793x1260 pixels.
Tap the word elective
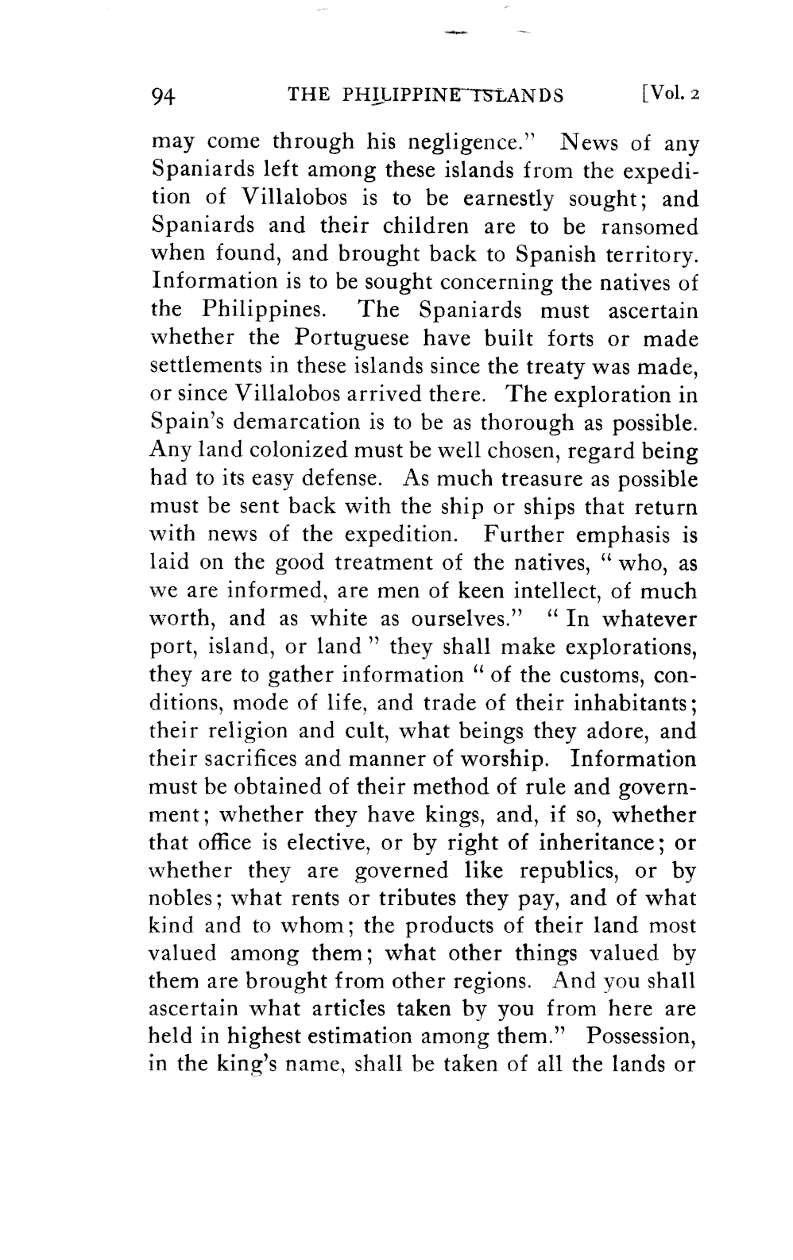tap(357, 842)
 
